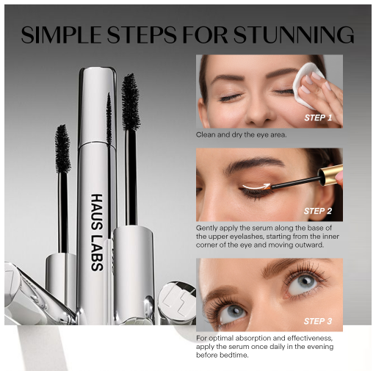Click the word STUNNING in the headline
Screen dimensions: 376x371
click(x=293, y=35)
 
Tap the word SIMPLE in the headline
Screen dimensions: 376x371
click(x=61, y=35)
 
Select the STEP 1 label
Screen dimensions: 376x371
click(x=318, y=118)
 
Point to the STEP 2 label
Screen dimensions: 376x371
click(x=318, y=211)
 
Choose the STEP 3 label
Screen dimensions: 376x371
click(x=318, y=321)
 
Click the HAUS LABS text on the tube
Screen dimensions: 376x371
click(x=97, y=232)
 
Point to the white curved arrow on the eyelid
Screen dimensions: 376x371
click(x=256, y=187)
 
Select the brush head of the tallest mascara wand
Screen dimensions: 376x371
click(x=131, y=101)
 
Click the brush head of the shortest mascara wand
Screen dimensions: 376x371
click(x=62, y=148)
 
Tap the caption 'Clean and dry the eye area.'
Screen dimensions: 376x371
click(x=241, y=134)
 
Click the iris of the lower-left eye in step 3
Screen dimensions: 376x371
click(x=233, y=311)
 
